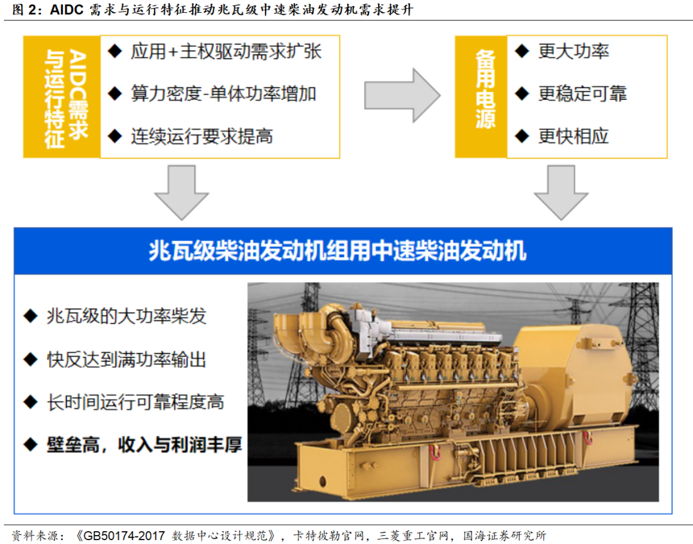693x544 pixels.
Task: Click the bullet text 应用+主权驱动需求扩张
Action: (226, 52)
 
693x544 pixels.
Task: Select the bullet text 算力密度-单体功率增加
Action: (223, 94)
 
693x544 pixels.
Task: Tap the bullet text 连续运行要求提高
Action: (201, 136)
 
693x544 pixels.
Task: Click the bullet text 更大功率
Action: (573, 52)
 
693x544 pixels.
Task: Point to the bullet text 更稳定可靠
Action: (583, 94)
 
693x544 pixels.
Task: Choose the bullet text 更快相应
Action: (573, 136)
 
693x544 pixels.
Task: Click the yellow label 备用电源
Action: (485, 90)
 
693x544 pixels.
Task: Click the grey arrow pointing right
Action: (402, 95)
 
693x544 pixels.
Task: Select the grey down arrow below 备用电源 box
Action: (561, 193)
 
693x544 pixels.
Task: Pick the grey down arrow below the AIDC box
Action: (181, 193)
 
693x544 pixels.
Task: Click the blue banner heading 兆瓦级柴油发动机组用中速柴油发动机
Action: (338, 250)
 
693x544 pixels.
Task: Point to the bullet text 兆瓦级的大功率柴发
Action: (126, 316)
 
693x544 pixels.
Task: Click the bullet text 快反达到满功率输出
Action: (126, 360)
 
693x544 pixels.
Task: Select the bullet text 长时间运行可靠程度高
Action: (135, 402)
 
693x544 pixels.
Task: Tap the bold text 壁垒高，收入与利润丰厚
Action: (144, 444)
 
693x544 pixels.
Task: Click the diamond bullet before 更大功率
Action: (522, 51)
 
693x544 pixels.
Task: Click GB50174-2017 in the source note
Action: (124, 536)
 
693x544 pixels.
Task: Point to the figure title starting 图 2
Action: (213, 9)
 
